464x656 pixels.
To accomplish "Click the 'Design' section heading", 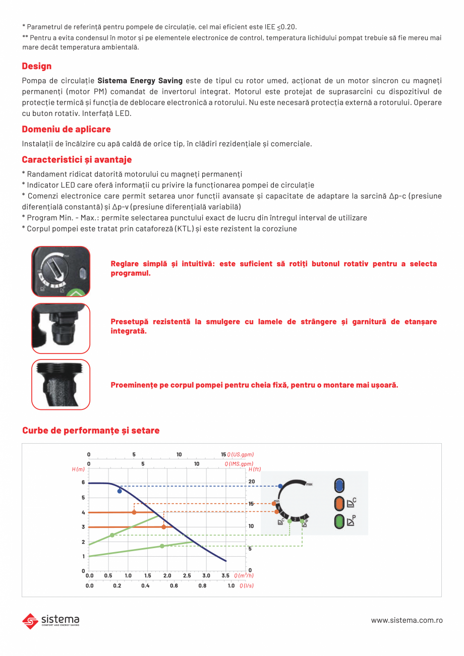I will (37, 66).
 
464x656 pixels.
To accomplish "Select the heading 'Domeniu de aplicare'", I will (66, 130).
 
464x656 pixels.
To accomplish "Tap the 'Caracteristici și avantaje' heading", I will (77, 160).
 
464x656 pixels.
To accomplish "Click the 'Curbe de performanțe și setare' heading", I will (91, 431).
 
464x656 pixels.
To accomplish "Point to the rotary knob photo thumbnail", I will (61, 271).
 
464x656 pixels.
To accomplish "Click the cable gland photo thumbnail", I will (61, 328).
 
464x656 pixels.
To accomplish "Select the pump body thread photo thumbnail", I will (61, 384).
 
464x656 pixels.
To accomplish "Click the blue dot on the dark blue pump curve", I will (120, 491).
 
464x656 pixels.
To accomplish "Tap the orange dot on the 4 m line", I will (134, 512).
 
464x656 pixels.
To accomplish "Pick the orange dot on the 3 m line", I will (164, 527).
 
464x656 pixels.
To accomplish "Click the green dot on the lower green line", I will (162, 546).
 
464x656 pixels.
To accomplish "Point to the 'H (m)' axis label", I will (78, 469).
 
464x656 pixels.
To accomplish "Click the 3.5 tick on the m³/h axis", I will (225, 575).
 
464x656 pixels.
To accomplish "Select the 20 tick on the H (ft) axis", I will (252, 482).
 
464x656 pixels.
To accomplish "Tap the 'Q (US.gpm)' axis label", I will (241, 455).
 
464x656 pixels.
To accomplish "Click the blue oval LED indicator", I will (339, 486).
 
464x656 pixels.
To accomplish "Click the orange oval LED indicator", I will (339, 503).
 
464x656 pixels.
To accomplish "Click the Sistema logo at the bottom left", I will (50, 620).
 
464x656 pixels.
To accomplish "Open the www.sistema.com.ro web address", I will (407, 620).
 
